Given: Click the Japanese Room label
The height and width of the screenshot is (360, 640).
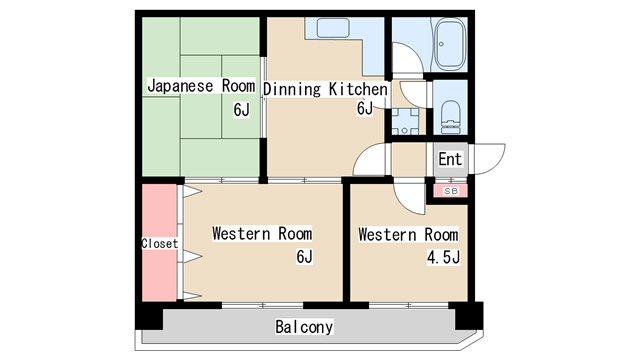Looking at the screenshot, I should coord(201,85).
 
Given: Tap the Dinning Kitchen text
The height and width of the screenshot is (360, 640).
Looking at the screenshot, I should coord(325,89).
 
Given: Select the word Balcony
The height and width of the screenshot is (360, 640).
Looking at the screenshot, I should coord(304,327).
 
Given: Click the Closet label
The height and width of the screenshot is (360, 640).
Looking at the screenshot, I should coord(159,243).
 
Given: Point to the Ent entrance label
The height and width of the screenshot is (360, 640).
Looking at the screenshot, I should coord(450,159).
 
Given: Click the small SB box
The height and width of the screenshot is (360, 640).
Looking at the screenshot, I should coord(449,190).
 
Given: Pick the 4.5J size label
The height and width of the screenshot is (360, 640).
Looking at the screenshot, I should coord(441,257).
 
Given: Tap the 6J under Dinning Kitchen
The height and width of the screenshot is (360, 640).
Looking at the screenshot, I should coord(365,108).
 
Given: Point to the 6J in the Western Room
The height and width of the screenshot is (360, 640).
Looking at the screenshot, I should coord(304,257).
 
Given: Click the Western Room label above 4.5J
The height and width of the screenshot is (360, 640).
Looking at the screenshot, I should coord(408,235).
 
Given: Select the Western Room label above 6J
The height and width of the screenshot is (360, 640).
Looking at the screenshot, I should coord(261,234).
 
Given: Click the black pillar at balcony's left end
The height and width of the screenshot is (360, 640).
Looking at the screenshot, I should coord(150,317).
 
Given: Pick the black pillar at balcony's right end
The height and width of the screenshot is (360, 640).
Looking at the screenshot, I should coord(467,315).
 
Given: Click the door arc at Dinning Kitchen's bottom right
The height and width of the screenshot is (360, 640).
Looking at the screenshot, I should coord(371,160).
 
